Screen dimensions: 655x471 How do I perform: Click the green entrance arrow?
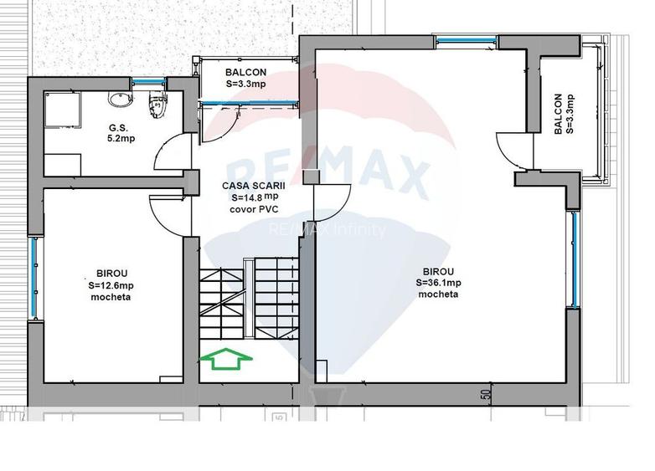tap(226, 359)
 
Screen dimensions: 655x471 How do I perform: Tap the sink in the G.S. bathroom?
tap(121, 100)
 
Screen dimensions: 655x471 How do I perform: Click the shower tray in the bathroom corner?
tap(62, 110)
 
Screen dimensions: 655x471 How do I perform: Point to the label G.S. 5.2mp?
tap(121, 133)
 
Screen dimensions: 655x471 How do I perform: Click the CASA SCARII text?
tap(254, 186)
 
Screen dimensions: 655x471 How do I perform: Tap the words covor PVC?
tap(254, 209)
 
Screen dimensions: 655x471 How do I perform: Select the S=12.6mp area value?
tap(111, 286)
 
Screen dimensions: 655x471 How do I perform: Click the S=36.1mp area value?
tap(439, 283)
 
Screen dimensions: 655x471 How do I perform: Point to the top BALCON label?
tap(245, 72)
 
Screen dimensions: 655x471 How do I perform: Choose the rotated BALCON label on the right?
tap(558, 114)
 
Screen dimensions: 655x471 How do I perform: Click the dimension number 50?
tap(486, 395)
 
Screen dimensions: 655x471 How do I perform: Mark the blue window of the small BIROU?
tap(34, 278)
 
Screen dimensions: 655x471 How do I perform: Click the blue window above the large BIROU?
tap(466, 40)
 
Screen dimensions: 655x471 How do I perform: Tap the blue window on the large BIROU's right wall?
tap(575, 259)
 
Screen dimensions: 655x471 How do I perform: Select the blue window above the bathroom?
tap(149, 81)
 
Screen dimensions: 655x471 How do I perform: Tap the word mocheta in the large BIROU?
tap(438, 294)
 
